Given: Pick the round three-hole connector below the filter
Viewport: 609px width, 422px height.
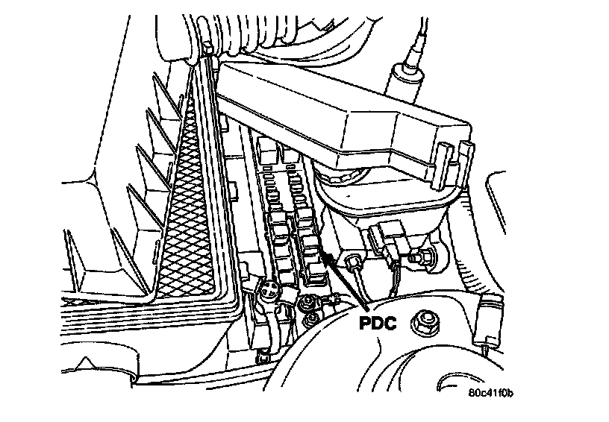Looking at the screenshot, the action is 269,293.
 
